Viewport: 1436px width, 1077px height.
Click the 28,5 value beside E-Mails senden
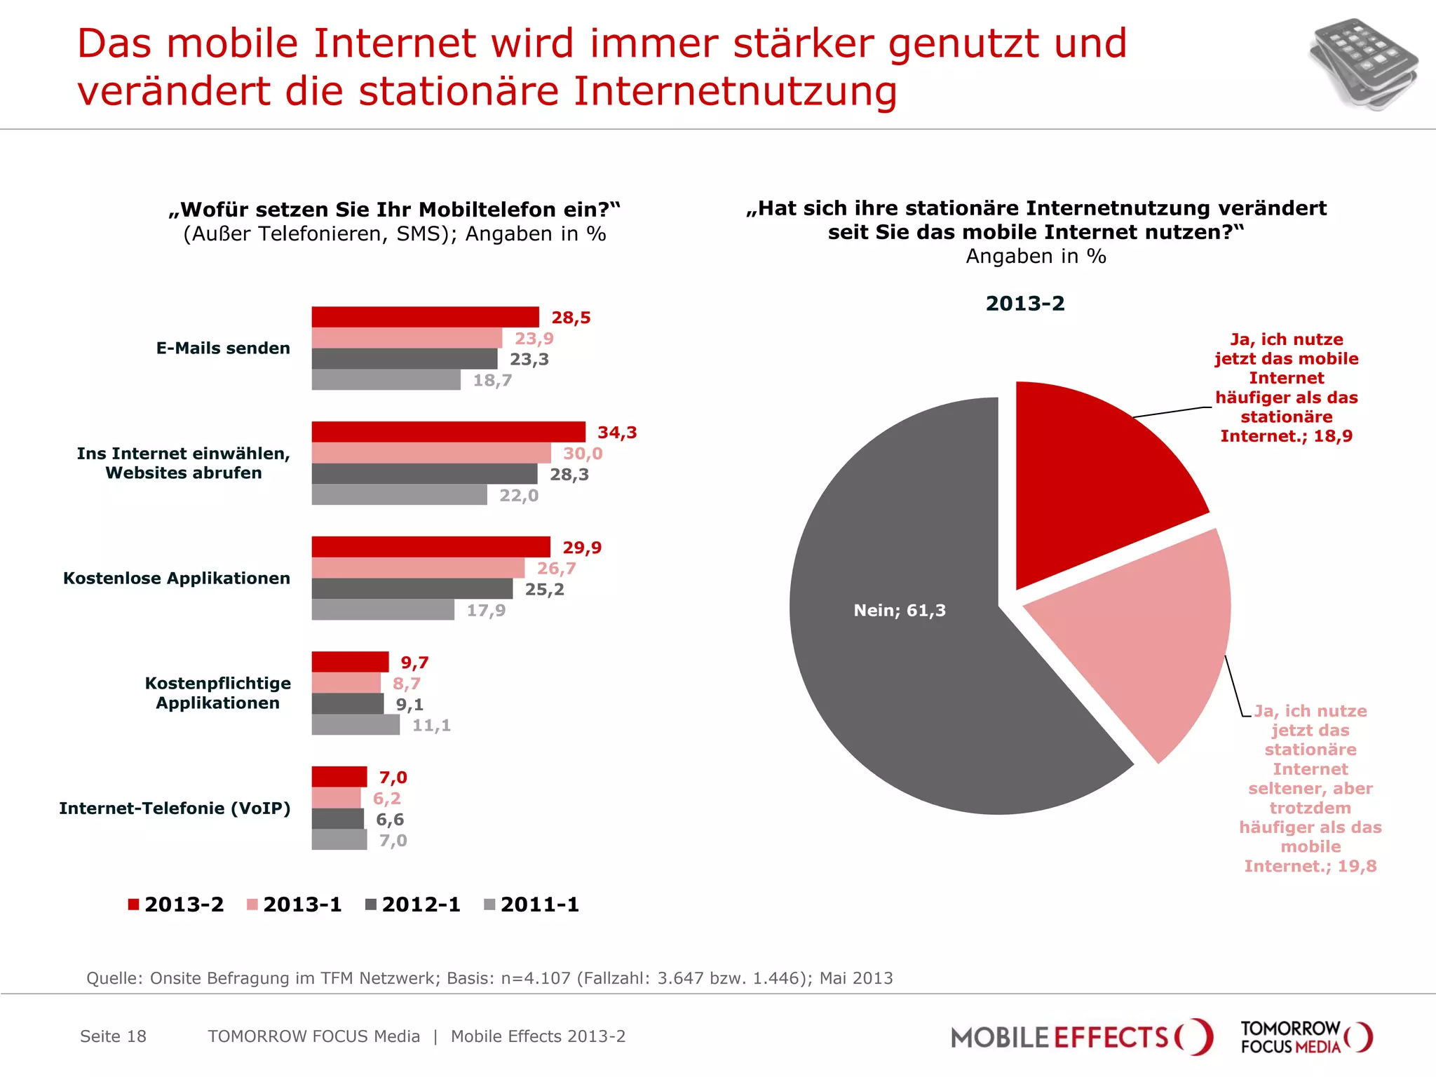[571, 318]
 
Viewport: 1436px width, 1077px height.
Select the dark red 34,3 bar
[448, 432]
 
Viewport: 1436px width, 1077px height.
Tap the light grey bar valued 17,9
[383, 610]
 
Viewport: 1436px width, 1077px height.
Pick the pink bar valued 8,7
[346, 683]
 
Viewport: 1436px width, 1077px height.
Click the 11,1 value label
[431, 725]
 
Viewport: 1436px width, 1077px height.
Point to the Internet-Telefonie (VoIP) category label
[175, 808]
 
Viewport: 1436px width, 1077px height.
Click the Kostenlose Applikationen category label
[177, 578]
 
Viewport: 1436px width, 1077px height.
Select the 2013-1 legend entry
[294, 905]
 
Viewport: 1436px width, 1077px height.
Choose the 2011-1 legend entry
[531, 905]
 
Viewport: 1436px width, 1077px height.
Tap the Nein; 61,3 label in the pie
[900, 610]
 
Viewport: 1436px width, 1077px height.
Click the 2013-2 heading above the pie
[1024, 304]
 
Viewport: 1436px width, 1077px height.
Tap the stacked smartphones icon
[1362, 65]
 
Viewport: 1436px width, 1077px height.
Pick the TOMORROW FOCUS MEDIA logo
[1306, 1037]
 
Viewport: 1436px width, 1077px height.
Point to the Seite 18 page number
[113, 1036]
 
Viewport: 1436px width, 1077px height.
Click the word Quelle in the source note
[113, 978]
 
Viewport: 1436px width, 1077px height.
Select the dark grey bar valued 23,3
[405, 359]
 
